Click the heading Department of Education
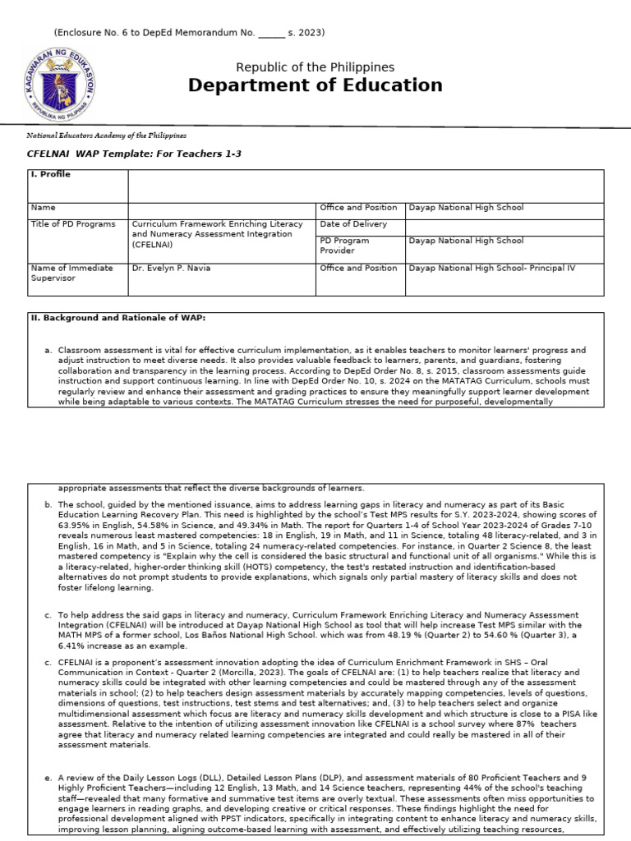coord(315,85)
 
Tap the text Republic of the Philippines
coord(315,67)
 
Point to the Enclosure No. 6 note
coord(189,33)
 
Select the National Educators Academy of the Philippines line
coord(107,135)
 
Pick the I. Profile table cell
coord(51,175)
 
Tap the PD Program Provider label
coord(344,246)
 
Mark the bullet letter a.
coord(48,351)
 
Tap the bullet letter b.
coord(48,504)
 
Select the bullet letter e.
coord(48,776)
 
